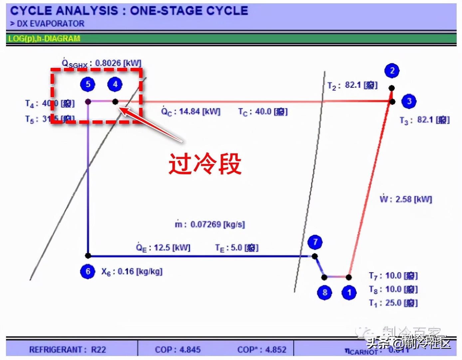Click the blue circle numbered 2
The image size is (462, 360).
pos(392,71)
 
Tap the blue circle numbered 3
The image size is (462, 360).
pos(409,101)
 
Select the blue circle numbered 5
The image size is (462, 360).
pos(88,84)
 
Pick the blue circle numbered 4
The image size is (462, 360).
pos(115,84)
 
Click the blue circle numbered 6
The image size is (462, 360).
pos(88,271)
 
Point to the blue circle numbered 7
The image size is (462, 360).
pos(315,242)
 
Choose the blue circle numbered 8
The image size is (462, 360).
pos(325,293)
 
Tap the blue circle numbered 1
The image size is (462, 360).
pos(349,293)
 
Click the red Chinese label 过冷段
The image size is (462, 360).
pos(205,164)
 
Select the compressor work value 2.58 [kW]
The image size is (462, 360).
pos(413,199)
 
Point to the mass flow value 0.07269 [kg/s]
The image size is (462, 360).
pos(217,225)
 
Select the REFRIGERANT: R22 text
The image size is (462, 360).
pos(68,350)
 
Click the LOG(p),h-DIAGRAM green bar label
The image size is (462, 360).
pos(44,39)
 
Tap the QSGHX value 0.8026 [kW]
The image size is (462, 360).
pos(118,63)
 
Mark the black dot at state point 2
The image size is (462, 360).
pos(392,88)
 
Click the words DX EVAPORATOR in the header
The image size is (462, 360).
pos(50,24)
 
